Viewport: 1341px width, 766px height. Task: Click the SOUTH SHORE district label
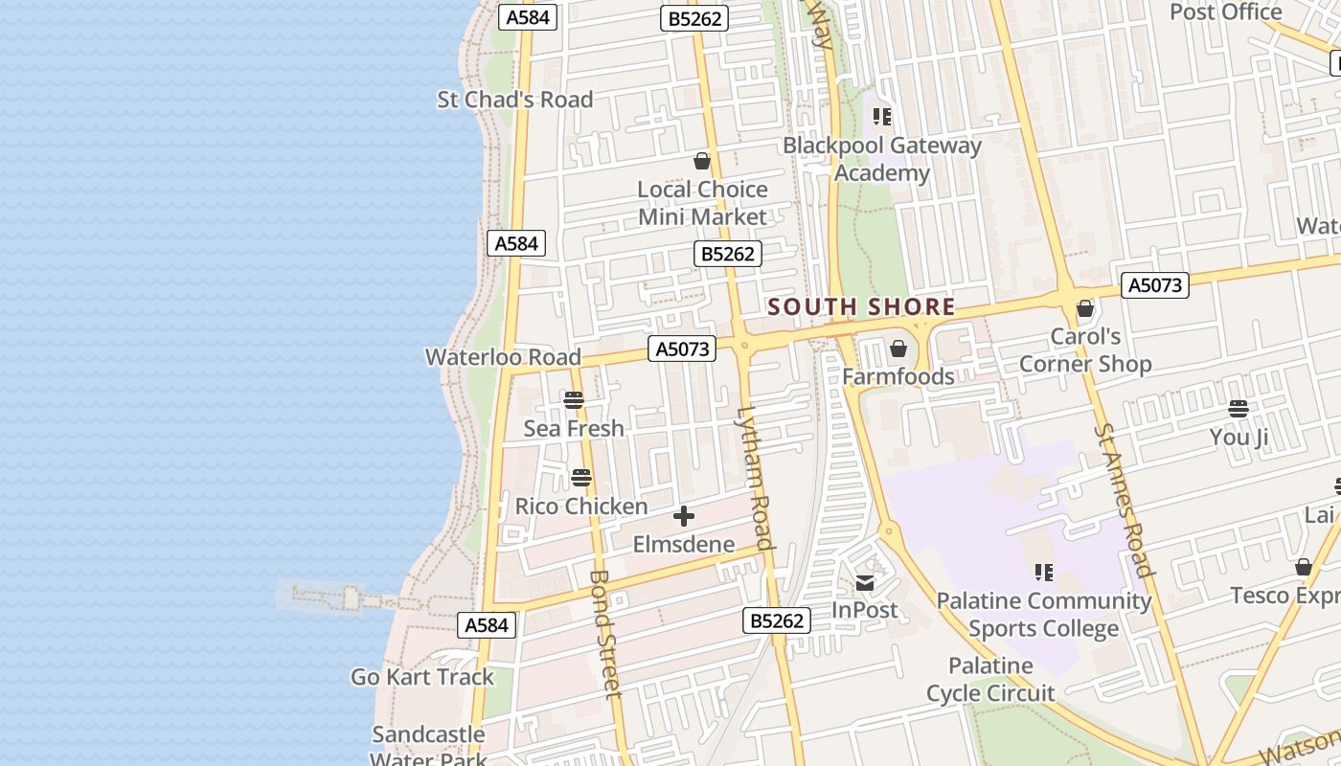[x=861, y=306]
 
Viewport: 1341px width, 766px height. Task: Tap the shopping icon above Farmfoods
[x=898, y=349]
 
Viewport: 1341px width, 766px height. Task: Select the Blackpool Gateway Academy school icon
[x=882, y=117]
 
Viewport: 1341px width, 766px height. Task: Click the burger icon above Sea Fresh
[x=574, y=400]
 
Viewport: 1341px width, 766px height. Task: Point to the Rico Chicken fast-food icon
[x=581, y=477]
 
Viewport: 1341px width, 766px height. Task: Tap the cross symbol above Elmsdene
[x=684, y=517]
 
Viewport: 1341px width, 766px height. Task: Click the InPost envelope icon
[x=865, y=582]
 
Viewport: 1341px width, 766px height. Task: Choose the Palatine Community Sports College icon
[x=1044, y=573]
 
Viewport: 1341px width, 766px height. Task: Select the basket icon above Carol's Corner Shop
[x=1085, y=309]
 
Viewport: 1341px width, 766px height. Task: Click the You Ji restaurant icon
[x=1239, y=410]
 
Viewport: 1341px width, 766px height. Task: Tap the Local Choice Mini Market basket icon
[x=702, y=161]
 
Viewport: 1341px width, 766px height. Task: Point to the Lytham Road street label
[x=754, y=479]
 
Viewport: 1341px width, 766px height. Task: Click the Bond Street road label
[x=605, y=634]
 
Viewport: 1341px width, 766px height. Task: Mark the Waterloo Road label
[x=503, y=357]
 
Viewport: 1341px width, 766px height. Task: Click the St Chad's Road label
[x=515, y=100]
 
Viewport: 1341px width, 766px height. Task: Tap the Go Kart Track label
[x=422, y=677]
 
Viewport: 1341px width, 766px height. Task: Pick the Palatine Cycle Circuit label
[x=990, y=679]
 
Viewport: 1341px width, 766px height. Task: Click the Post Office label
[x=1226, y=12]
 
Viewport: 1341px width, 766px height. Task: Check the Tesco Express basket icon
[x=1304, y=567]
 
